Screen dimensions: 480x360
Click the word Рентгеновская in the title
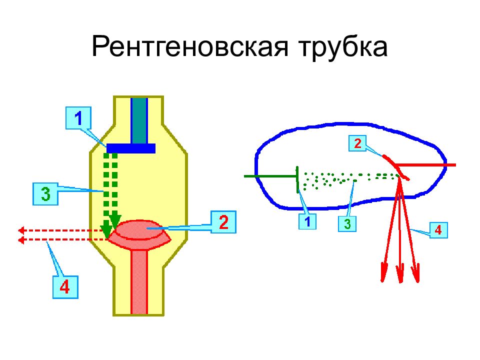(x=190, y=46)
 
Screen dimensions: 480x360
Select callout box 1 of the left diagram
(x=78, y=118)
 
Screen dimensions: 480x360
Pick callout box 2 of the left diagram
(x=223, y=222)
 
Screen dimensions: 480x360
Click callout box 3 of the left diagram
(x=45, y=194)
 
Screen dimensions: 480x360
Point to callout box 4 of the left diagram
(x=65, y=287)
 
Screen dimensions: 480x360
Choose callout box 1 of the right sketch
(x=307, y=221)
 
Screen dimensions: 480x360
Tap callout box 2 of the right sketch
(x=357, y=143)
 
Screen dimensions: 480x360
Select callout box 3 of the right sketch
(x=347, y=223)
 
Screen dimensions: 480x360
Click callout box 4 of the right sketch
(x=438, y=230)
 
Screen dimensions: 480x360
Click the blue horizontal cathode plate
(x=131, y=148)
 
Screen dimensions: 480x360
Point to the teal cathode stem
(x=139, y=120)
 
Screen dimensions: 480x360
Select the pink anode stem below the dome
(x=139, y=282)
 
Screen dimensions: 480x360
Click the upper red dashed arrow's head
(x=21, y=230)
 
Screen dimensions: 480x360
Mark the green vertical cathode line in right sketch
(x=297, y=179)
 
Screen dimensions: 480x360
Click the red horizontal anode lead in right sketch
(x=426, y=165)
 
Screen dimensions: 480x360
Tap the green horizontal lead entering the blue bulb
(x=270, y=176)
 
